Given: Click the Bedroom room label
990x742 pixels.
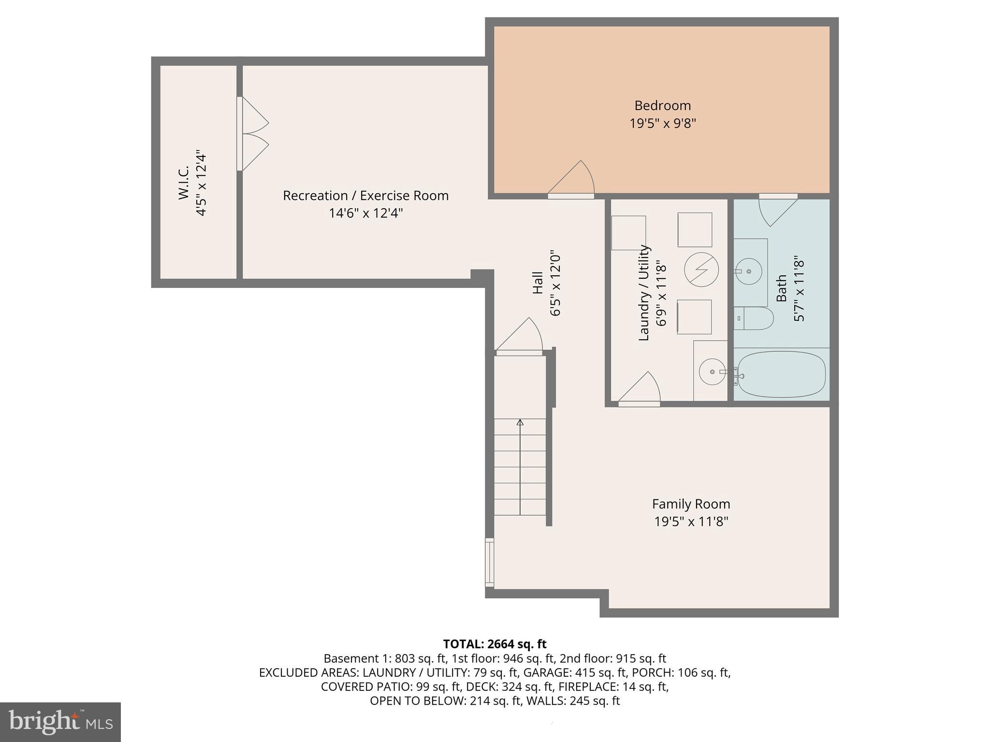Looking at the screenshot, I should (x=662, y=105).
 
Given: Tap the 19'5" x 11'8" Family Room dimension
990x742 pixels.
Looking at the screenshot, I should (x=691, y=522).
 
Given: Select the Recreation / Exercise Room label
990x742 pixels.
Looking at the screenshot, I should (x=365, y=196).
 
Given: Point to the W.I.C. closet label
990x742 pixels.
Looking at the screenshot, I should (x=184, y=184).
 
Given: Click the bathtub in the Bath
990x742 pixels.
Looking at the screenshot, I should (x=781, y=374).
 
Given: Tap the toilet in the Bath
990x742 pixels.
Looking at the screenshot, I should (x=754, y=318).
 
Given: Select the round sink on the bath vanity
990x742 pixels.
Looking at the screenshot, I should (x=749, y=271).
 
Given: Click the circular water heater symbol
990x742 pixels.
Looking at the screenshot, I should (x=701, y=270).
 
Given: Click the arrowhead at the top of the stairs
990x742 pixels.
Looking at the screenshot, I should (x=520, y=422).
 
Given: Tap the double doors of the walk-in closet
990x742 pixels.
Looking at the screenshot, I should (x=253, y=134).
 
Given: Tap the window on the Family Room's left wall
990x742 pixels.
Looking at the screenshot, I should (x=489, y=562).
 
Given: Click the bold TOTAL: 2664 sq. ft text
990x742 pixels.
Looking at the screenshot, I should (x=495, y=644).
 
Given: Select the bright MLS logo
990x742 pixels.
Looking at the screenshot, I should (x=60, y=722).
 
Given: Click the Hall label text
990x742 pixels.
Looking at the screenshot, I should (x=538, y=283).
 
